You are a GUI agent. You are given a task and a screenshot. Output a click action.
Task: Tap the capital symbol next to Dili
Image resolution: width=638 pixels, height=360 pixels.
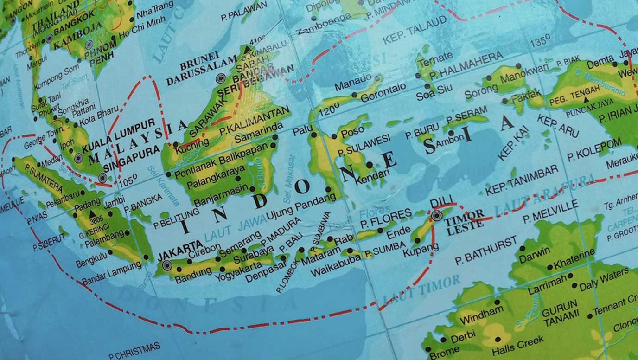pos(436,216)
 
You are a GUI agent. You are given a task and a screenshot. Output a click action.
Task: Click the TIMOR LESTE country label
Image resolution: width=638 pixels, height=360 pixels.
pos(464,220)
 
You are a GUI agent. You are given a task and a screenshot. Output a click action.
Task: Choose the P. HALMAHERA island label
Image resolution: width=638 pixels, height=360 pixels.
pos(466,65)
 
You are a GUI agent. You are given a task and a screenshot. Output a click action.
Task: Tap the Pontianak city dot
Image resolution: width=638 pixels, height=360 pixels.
pos(168,175)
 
